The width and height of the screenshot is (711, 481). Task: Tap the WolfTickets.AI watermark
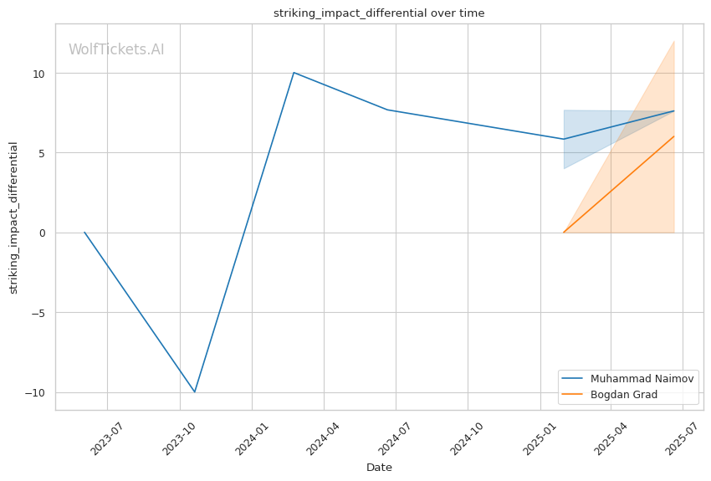pos(116,49)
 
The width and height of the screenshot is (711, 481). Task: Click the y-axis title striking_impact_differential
pos(13,217)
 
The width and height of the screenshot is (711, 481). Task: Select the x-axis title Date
pos(379,467)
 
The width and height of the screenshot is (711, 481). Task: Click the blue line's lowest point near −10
pos(195,391)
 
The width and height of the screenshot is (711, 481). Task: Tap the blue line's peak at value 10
pos(294,73)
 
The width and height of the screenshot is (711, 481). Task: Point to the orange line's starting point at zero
pos(564,233)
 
